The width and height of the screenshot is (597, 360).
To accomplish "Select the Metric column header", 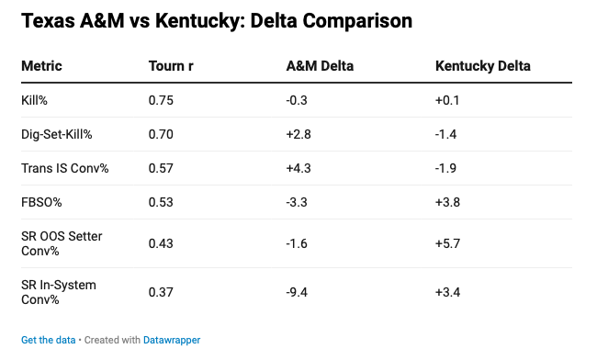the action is point(41,66).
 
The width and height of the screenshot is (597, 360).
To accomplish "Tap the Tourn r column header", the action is point(171,66).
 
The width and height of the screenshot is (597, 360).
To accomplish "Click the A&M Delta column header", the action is point(320,66).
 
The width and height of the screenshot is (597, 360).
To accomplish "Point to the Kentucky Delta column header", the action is point(483,66).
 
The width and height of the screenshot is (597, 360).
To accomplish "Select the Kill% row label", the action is point(34,100).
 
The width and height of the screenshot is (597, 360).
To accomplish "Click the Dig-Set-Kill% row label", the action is point(57,134).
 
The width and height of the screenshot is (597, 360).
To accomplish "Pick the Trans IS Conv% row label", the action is point(65,168).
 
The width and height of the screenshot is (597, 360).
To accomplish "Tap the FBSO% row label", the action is point(41,202).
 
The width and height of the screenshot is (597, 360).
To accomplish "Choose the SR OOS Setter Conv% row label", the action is point(62,243).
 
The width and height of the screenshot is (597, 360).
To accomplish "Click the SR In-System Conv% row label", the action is point(59,292).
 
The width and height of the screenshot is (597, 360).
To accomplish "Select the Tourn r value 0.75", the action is point(161,100).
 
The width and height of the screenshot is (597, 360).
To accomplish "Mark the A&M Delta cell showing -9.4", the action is point(297,292).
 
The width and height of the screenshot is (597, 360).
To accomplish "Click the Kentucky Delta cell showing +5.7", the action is point(448,243).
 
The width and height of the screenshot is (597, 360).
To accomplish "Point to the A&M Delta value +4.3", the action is point(298,168).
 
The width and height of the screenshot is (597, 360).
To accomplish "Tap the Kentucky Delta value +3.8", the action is point(448,202).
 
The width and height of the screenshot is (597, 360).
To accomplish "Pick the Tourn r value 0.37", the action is point(161,292).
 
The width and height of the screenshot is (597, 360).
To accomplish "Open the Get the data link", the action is point(49,340).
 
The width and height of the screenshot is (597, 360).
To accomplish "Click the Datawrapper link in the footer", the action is point(172,340).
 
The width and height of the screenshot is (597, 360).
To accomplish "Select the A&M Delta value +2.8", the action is point(298,134).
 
